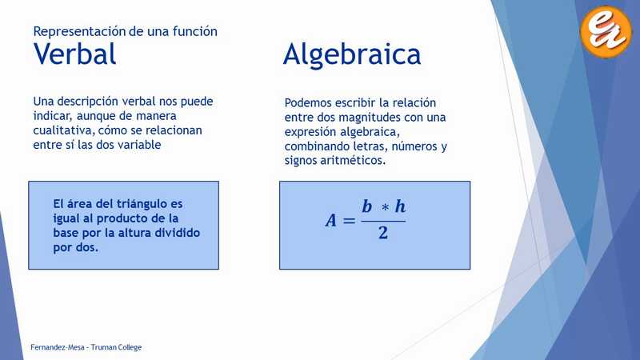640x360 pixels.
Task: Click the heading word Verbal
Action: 74,54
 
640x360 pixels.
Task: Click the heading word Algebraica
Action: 352,55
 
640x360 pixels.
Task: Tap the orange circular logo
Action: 606,31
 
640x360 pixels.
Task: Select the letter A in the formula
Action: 331,221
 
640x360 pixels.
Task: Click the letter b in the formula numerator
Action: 367,206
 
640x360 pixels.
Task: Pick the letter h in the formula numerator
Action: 400,206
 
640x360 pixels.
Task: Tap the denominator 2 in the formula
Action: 383,233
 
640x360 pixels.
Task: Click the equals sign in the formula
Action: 349,222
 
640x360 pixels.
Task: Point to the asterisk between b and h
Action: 385,207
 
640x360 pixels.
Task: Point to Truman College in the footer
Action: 116,347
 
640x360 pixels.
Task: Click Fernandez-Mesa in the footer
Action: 57,347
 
